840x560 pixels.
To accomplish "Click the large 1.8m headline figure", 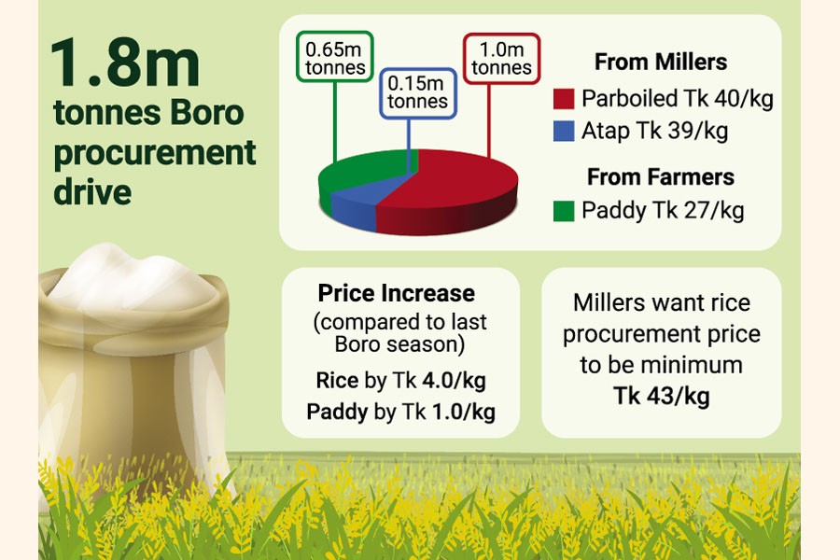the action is click(x=125, y=63).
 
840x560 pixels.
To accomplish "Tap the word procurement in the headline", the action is click(x=155, y=154).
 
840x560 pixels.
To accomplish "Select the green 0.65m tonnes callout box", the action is click(x=335, y=57).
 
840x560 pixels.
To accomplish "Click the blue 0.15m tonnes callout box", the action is click(x=418, y=93).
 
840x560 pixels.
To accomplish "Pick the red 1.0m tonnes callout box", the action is click(x=501, y=59).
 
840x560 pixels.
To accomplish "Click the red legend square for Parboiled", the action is click(x=564, y=99).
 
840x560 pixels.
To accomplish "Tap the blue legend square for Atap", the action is click(x=564, y=132).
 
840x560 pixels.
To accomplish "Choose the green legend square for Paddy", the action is click(x=564, y=211).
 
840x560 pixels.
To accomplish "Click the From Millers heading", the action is click(x=661, y=62).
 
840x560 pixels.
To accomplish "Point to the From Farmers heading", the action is click(x=661, y=176).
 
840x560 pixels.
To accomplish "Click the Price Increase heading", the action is click(x=397, y=293).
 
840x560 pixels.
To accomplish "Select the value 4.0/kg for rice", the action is click(x=454, y=381).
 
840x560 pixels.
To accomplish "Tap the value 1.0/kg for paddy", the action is click(x=463, y=413).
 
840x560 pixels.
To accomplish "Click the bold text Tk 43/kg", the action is click(x=662, y=396).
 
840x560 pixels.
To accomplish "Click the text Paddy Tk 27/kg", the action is click(x=663, y=211).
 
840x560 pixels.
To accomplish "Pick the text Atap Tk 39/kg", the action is click(x=654, y=132).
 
